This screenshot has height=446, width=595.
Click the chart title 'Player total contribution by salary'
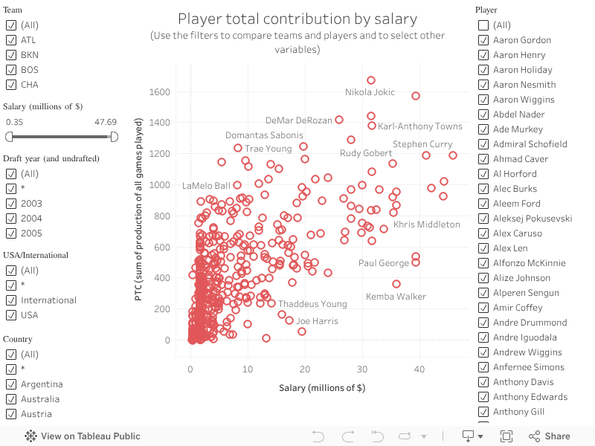297,19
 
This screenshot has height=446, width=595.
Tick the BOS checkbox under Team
11,70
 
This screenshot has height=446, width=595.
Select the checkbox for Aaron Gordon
483,40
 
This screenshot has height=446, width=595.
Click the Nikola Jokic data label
370,92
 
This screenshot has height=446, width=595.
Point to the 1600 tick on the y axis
160,92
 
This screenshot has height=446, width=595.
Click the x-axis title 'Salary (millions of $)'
322,388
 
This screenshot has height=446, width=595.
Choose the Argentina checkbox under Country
11,384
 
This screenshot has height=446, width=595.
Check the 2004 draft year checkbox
11,219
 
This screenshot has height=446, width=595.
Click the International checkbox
11,300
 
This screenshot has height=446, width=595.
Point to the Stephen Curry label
422,144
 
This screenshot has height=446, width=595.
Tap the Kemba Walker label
396,297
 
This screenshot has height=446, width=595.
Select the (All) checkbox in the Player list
483,25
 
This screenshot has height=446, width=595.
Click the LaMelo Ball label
206,186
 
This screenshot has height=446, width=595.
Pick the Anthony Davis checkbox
483,382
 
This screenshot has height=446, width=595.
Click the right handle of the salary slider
114,137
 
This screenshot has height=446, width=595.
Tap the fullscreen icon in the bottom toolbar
506,436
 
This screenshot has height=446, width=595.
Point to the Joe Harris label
317,321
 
